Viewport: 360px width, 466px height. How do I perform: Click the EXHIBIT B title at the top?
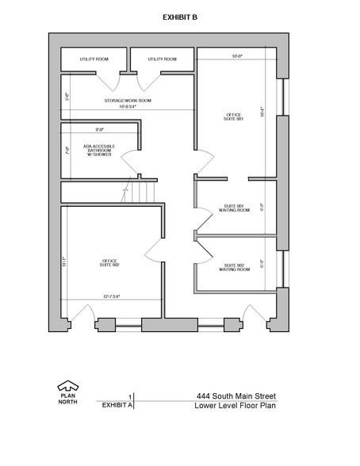[x=180, y=16]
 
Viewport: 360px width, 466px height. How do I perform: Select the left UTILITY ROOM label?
[x=94, y=59]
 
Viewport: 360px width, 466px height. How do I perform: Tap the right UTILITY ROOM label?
[x=161, y=59]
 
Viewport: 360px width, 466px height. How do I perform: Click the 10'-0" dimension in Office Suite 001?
[x=236, y=56]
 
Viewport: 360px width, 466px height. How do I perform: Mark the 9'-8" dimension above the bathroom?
[x=99, y=128]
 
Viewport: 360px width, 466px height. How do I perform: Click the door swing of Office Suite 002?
[x=154, y=251]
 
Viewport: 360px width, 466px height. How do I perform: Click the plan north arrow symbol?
[x=68, y=387]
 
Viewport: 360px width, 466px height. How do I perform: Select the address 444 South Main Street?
[x=236, y=396]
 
